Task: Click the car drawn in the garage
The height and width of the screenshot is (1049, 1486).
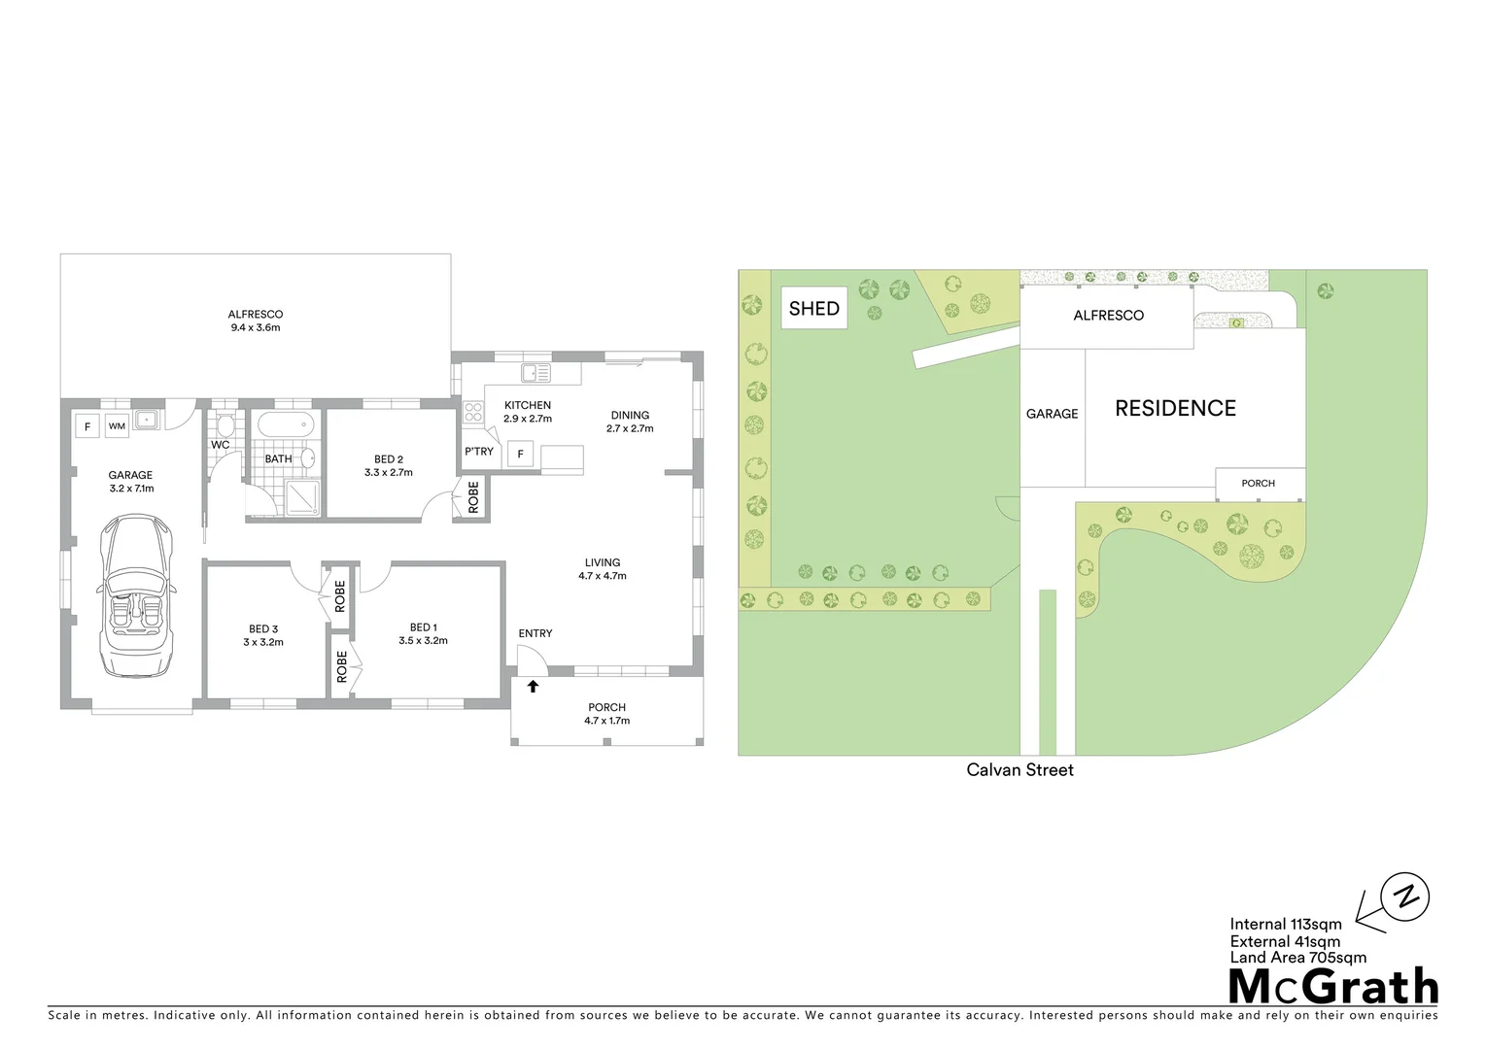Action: click(x=137, y=596)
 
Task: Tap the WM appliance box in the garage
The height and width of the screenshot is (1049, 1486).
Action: click(x=117, y=425)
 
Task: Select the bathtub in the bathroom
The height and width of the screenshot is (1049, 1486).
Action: click(x=285, y=424)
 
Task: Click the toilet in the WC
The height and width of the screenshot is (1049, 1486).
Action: click(x=225, y=424)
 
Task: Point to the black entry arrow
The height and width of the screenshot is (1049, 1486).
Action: click(x=533, y=687)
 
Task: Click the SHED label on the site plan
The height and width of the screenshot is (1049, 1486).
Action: click(x=813, y=309)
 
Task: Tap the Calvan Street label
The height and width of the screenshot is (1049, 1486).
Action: click(x=1019, y=770)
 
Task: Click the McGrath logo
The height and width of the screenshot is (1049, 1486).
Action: click(x=1332, y=986)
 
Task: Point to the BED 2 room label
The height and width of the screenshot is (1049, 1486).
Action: click(x=389, y=465)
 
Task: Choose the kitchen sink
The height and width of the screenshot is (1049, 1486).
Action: click(x=536, y=372)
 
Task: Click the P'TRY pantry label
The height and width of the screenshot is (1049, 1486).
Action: click(x=479, y=452)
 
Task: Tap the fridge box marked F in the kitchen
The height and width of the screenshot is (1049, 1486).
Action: click(x=520, y=454)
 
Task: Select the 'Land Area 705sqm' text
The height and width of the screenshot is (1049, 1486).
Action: click(x=1297, y=958)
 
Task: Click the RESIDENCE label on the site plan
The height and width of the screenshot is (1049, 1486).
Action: click(x=1175, y=409)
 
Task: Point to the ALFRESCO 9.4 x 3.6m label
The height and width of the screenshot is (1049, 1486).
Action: click(x=256, y=321)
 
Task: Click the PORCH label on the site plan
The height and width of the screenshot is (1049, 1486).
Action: click(x=1258, y=484)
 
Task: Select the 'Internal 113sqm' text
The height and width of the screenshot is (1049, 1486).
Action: click(x=1285, y=925)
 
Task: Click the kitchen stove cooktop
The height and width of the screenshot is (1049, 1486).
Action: click(x=473, y=413)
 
